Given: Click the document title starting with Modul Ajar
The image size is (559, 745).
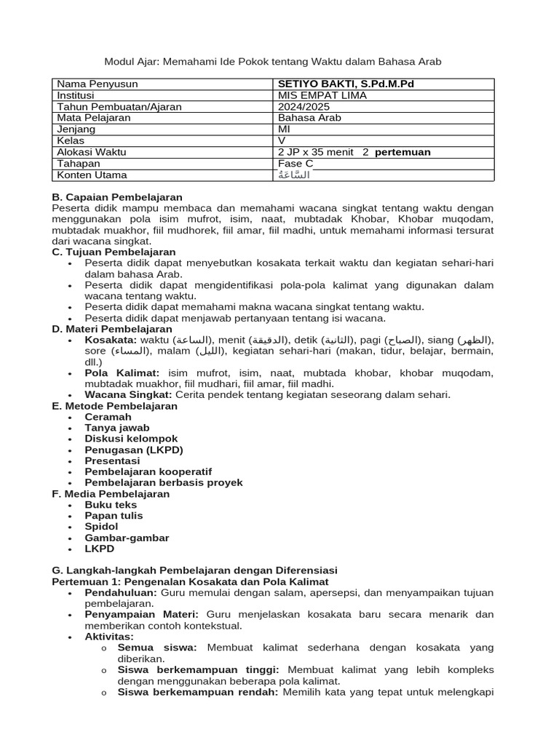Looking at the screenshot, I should (x=273, y=62).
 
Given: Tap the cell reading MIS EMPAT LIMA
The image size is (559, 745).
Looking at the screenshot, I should (x=322, y=95).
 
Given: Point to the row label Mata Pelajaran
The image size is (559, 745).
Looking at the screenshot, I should (x=94, y=118).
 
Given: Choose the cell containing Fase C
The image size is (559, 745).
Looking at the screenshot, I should (x=296, y=164).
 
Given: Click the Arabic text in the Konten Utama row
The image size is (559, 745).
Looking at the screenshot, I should (x=294, y=175).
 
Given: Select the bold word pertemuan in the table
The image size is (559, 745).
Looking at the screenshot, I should (x=403, y=152).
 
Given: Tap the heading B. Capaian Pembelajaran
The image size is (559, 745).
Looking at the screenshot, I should (x=117, y=197).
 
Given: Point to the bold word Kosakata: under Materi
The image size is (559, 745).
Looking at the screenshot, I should (x=110, y=340).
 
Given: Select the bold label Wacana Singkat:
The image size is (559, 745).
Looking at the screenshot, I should (x=129, y=395).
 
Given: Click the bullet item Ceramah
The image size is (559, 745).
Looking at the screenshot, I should (x=108, y=417).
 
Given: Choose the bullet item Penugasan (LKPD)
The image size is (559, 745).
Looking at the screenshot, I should (x=134, y=450).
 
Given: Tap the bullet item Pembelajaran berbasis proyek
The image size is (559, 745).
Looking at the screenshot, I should (x=164, y=482).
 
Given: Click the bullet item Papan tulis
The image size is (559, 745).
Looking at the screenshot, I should (x=114, y=516).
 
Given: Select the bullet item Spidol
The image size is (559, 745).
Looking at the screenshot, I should (x=101, y=527).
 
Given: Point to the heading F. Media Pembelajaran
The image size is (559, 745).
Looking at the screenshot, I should (x=111, y=494).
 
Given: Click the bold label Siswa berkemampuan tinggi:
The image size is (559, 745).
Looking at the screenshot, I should (x=201, y=670).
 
